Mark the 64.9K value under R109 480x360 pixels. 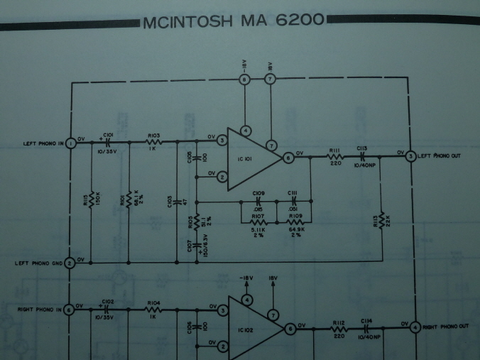[296, 229]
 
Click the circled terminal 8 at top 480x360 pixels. [245, 80]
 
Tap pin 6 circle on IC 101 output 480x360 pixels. [288, 158]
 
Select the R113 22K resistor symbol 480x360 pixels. [382, 220]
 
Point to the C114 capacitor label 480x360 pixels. [366, 320]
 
